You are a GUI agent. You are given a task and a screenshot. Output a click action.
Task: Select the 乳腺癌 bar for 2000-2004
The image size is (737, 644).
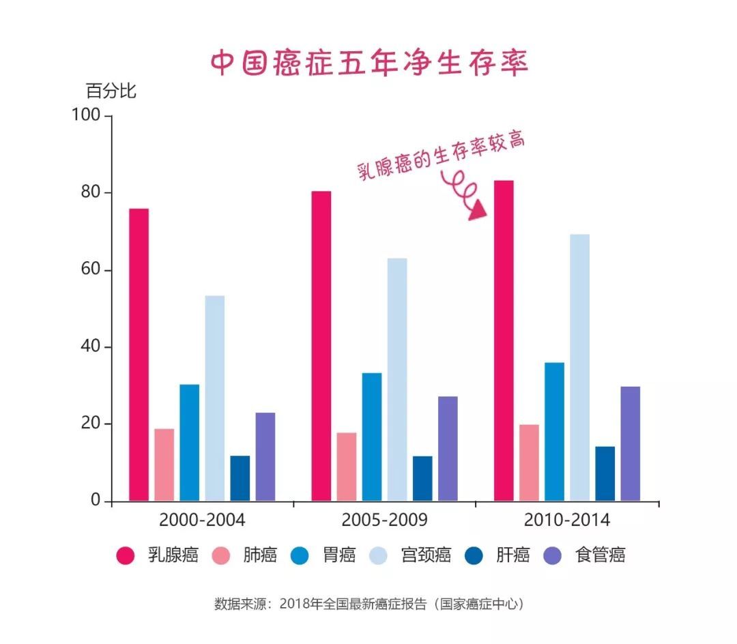139,355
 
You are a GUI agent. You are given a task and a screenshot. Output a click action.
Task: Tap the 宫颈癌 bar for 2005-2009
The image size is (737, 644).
397,379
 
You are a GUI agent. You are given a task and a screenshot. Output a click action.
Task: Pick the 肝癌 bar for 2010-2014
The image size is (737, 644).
605,473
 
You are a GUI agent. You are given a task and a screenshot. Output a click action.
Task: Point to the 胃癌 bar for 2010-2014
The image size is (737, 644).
554,431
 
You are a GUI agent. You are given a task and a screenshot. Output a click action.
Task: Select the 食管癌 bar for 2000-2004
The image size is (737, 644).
265,456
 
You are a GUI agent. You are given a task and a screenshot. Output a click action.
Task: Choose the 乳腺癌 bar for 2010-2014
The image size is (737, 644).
504,340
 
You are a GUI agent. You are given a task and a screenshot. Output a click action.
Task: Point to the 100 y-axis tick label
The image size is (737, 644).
86,116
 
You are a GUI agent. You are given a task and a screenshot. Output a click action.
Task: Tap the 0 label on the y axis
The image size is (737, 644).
96,501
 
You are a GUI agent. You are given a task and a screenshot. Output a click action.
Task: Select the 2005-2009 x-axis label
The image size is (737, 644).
384,521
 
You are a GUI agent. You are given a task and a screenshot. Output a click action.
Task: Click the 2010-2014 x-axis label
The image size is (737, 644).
566,521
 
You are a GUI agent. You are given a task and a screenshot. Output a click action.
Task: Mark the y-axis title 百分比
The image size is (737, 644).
111,91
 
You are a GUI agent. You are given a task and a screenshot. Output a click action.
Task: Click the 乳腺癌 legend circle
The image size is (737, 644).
125,556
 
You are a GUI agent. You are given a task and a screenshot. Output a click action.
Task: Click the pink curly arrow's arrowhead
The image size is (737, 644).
479,209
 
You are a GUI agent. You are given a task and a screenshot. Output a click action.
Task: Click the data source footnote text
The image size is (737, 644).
369,604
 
